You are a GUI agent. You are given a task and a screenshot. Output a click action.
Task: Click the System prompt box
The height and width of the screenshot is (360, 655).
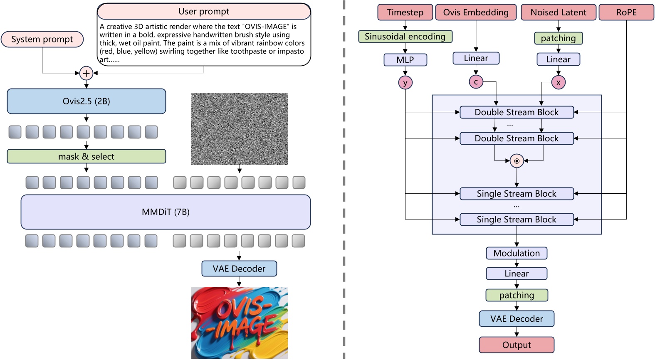[42, 39]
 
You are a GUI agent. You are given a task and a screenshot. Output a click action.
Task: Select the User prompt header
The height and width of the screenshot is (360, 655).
[204, 12]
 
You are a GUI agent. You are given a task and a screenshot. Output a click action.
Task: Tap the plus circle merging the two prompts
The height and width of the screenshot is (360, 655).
[86, 74]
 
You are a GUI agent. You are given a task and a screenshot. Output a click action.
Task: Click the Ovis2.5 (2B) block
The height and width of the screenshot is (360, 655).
[86, 101]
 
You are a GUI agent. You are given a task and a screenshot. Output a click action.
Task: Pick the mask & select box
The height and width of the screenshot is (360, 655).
[86, 156]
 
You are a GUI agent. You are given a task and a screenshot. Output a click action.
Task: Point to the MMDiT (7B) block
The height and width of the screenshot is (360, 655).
[166, 212]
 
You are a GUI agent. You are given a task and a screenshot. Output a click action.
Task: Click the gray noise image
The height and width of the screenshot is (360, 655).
[239, 128]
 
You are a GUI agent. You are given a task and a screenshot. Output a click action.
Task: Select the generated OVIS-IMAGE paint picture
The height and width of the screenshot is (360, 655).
[239, 323]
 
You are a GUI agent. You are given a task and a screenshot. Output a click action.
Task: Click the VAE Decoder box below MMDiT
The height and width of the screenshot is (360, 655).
[239, 269]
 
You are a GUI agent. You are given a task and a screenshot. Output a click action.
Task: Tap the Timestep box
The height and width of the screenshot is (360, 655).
[405, 12]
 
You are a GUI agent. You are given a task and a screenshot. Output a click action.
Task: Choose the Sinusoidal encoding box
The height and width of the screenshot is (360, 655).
[405, 37]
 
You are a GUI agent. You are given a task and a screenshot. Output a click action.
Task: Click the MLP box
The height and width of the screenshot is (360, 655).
[405, 60]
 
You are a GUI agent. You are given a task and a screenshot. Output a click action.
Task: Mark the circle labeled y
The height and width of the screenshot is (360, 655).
[405, 83]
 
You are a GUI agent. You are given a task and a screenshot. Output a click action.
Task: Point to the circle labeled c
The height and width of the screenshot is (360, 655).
[476, 82]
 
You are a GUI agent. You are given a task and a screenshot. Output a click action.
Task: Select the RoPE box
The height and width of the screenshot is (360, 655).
[626, 12]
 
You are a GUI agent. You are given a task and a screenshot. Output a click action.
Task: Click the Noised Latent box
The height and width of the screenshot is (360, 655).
[558, 12]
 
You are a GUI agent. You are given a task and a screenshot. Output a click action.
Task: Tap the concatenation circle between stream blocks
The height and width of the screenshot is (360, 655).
[517, 161]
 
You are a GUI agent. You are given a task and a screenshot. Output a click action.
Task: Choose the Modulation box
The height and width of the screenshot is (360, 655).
[517, 253]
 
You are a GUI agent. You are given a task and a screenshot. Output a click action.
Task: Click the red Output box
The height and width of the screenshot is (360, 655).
[517, 345]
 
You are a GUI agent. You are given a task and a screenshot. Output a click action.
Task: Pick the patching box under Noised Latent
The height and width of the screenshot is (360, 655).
[558, 38]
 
